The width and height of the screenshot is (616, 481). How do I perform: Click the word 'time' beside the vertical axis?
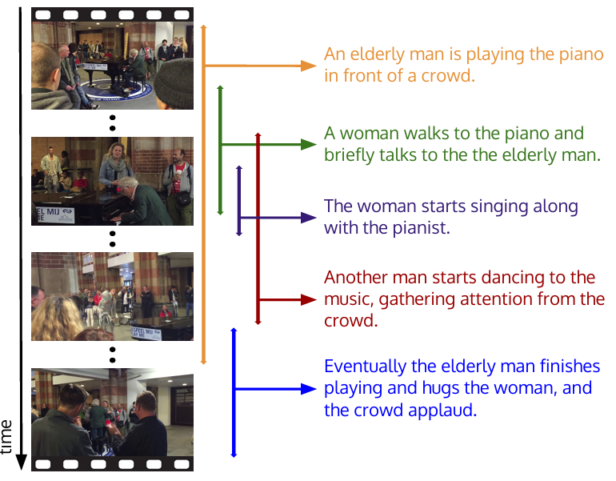[x=8, y=436]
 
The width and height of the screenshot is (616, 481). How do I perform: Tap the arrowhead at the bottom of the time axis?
[x=21, y=462]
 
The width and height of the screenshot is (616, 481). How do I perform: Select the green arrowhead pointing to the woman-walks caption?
[x=309, y=145]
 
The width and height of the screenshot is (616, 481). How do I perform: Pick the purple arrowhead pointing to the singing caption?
[x=309, y=217]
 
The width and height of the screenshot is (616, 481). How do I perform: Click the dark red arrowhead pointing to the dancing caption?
[x=309, y=299]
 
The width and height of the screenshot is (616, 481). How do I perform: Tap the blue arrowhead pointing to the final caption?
[x=309, y=389]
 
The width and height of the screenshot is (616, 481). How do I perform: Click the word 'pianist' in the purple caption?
[x=422, y=228]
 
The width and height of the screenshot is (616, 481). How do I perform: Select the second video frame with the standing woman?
[x=112, y=181]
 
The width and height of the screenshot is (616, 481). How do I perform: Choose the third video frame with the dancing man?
[x=112, y=296]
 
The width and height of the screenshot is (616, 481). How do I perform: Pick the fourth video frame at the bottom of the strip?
[x=112, y=411]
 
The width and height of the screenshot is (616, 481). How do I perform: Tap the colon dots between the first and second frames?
[x=112, y=122]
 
